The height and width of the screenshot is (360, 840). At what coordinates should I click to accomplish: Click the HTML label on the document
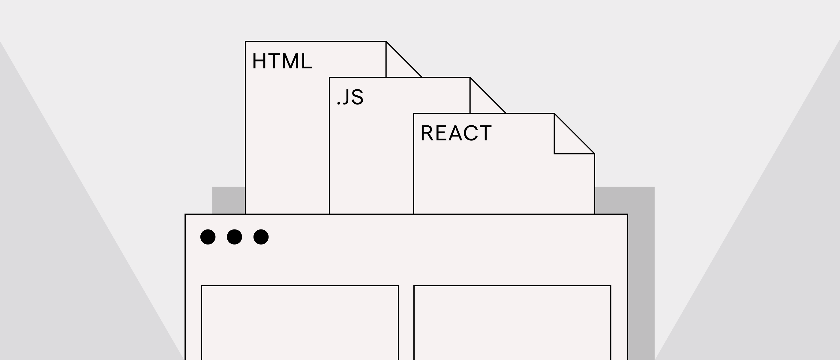click(282, 61)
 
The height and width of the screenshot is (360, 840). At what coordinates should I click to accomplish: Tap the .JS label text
click(350, 97)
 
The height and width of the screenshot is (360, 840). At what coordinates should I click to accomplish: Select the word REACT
click(456, 133)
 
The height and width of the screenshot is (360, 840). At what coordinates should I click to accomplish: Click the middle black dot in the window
click(235, 237)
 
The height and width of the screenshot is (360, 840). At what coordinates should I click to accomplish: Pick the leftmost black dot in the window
click(208, 237)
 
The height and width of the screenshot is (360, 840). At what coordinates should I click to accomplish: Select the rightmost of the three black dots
click(261, 237)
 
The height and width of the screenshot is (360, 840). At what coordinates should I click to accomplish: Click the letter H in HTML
click(259, 61)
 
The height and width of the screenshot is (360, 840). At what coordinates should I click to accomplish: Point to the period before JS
click(339, 104)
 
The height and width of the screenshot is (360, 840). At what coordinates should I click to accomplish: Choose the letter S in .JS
click(357, 97)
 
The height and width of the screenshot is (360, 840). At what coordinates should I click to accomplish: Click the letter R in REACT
click(427, 133)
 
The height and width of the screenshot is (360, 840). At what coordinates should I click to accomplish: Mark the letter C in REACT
click(470, 133)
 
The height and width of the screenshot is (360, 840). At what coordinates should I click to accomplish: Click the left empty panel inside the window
click(300, 323)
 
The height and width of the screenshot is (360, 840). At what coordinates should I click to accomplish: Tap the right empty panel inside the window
click(512, 323)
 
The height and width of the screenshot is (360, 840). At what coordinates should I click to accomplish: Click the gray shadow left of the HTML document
click(229, 200)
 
